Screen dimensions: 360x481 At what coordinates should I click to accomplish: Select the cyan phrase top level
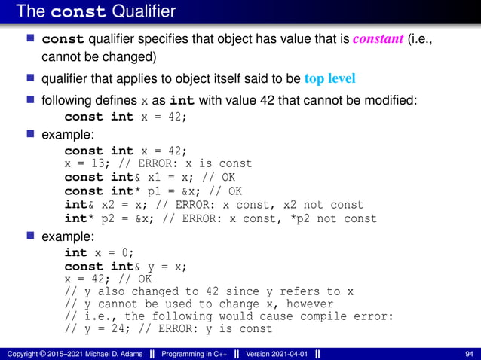click(x=329, y=78)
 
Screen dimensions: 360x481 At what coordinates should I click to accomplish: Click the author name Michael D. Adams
click(x=110, y=354)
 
